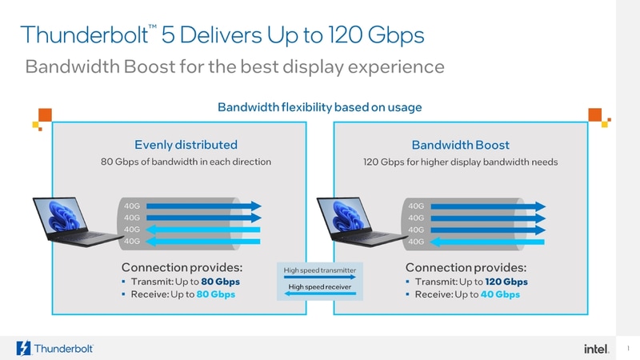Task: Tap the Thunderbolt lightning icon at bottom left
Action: pos(22,348)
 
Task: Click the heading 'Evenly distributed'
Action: pos(186,145)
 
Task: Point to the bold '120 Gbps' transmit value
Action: pos(505,282)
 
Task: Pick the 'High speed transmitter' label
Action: pos(319,270)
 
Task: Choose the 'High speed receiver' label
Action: pos(319,286)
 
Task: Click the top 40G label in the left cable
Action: pos(132,206)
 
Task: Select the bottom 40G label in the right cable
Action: pos(416,241)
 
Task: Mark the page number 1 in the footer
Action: pos(630,347)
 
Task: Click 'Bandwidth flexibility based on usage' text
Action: pos(320,106)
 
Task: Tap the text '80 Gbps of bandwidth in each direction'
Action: pos(186,162)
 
